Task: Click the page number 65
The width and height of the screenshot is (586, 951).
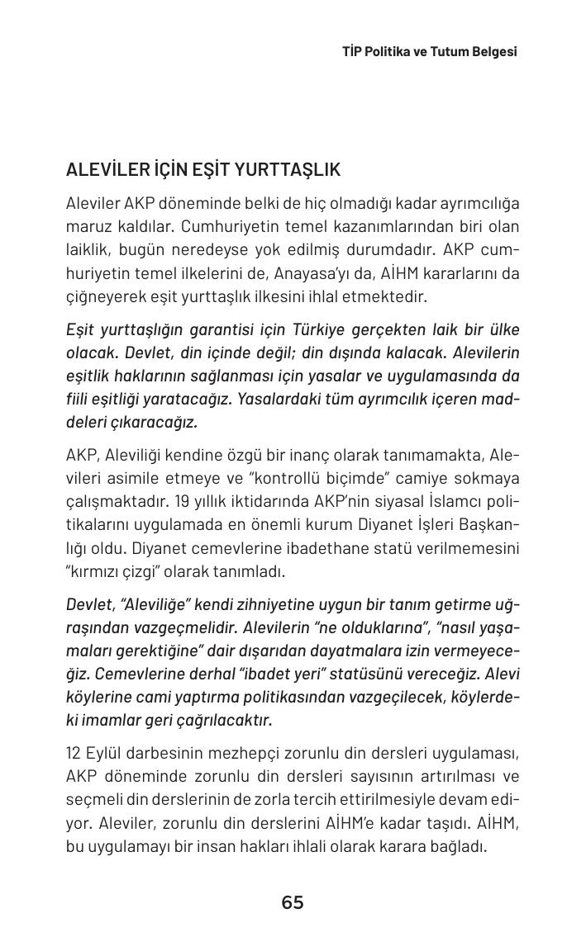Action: coord(293,903)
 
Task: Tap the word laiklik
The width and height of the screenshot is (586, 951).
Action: coord(88,250)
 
